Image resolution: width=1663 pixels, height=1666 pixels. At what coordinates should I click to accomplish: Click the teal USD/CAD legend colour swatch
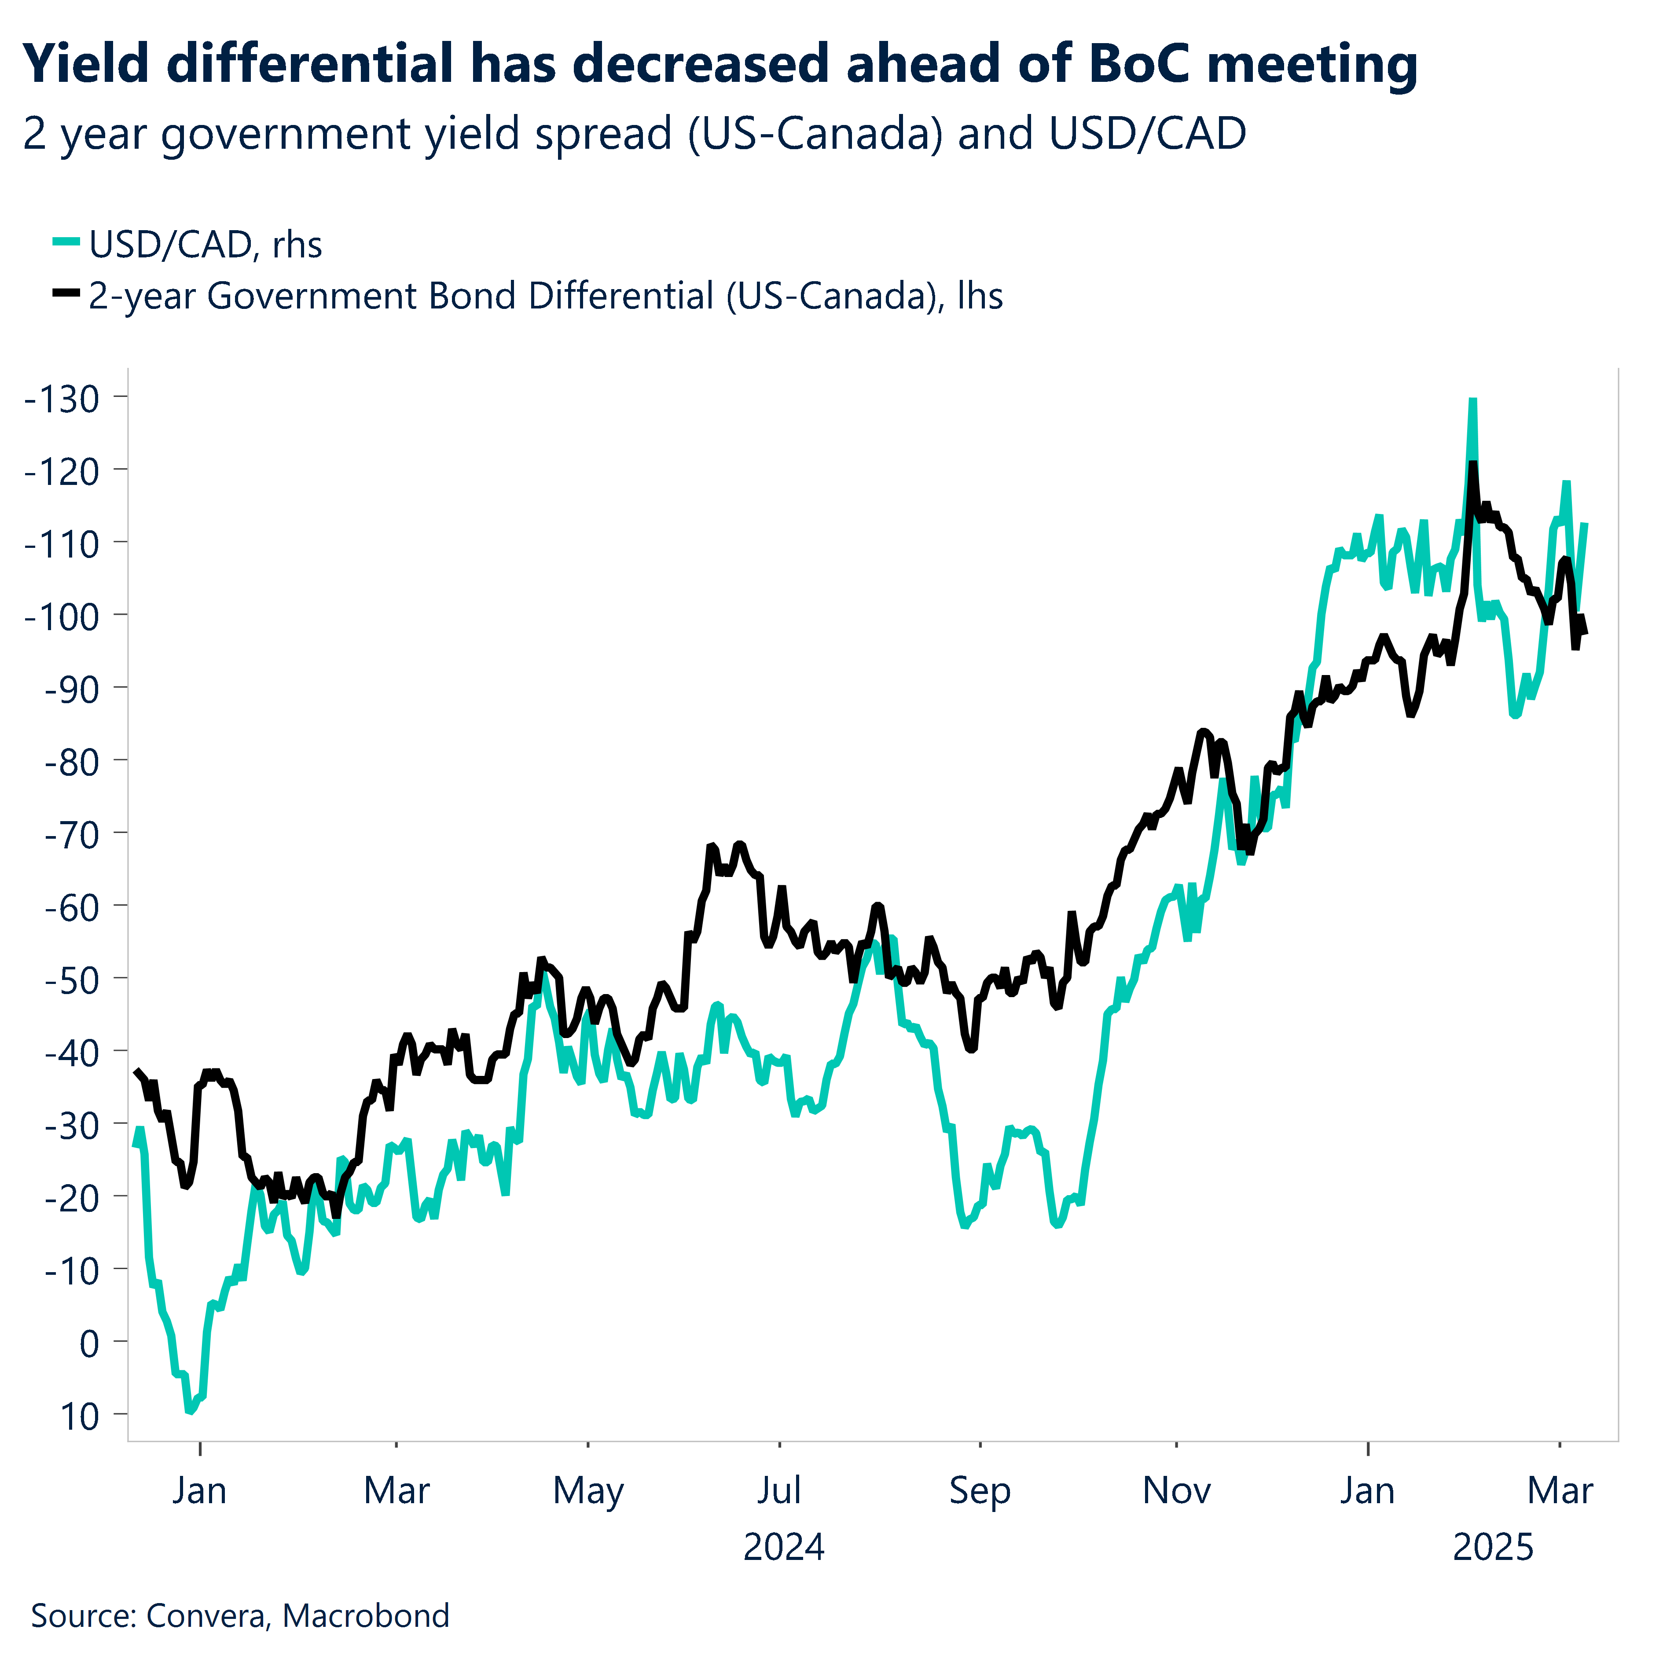pyautogui.click(x=66, y=242)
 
